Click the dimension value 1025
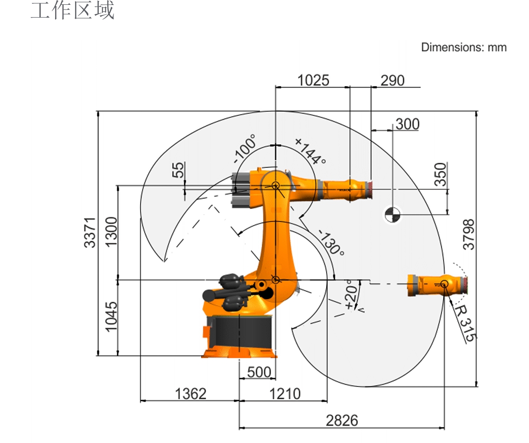pos(313,81)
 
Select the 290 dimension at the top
pos(392,81)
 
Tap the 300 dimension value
pos(407,124)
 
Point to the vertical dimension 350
pos(440,174)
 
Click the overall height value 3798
pos(468,235)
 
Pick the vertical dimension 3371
pos(90,233)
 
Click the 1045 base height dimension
pos(111,317)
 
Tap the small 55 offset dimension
pos(178,170)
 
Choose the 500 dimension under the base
pos(259,372)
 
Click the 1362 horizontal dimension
pos(190,394)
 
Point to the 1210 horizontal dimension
pos(285,394)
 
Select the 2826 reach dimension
pos(342,421)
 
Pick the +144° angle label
pos(311,151)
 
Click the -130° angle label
pos(331,243)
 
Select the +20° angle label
pos(351,294)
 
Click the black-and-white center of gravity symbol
pos(393,215)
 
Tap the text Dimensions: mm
pos(464,47)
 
